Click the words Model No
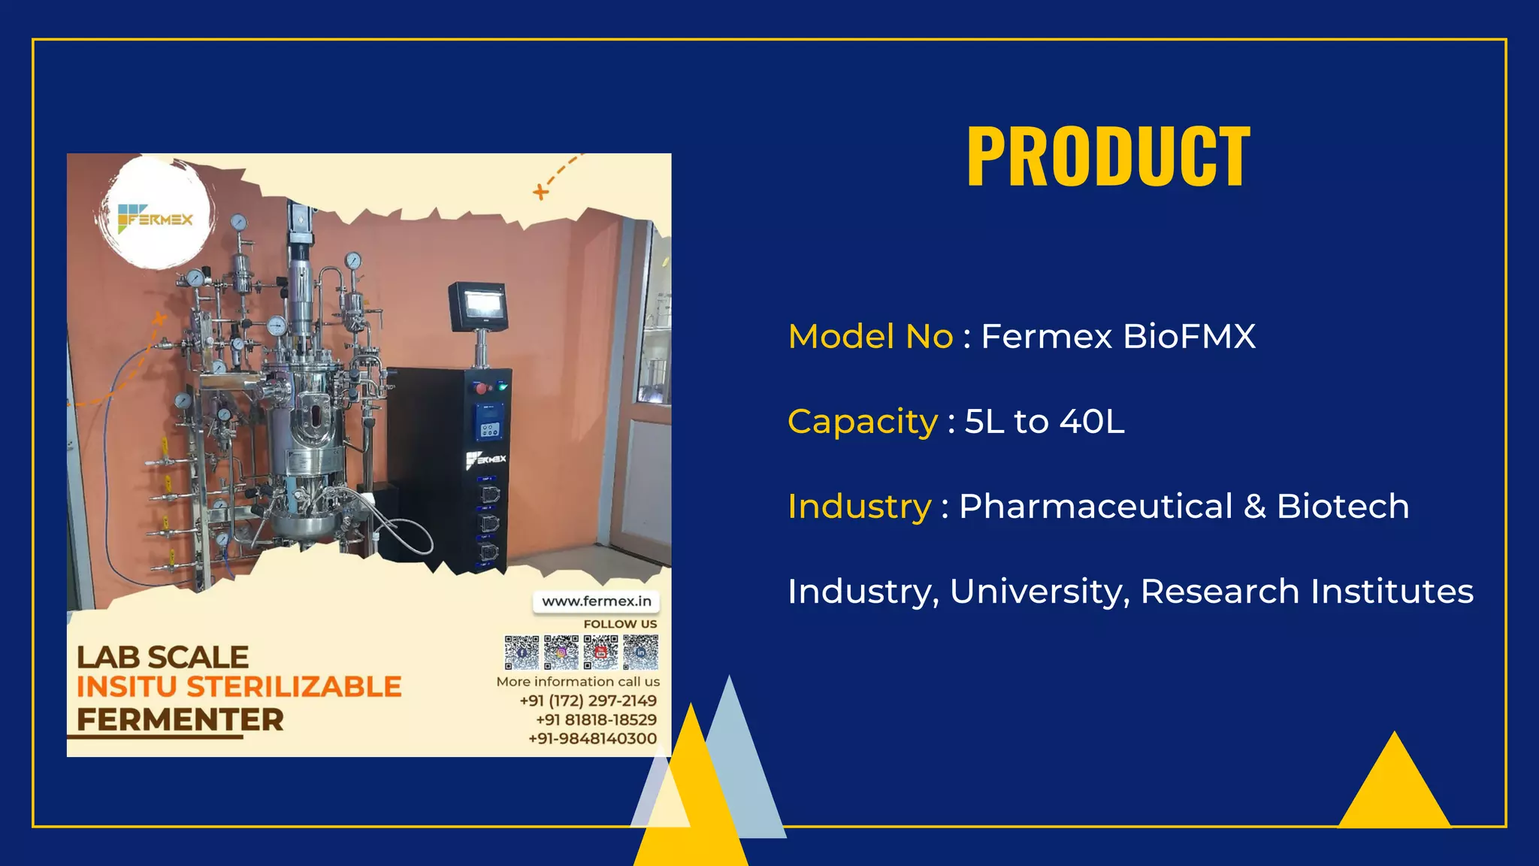(870, 336)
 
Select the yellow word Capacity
(862, 422)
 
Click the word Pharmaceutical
(1096, 506)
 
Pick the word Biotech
(1342, 506)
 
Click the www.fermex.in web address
(597, 601)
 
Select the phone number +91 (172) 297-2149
(588, 701)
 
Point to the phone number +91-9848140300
(592, 738)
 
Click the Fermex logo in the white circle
(156, 219)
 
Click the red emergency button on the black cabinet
(480, 388)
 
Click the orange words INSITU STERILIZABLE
(239, 687)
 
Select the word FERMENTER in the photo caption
(180, 720)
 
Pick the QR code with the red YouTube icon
(601, 652)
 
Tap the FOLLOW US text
(620, 624)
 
